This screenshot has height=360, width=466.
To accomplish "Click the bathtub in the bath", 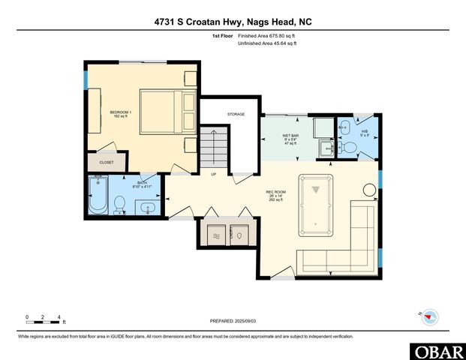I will [x=98, y=196].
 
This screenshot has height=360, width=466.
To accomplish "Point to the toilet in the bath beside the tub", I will [x=119, y=202].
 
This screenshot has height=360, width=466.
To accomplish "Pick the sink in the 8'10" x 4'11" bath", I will [x=148, y=205].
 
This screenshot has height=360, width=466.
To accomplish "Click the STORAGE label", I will [x=236, y=114].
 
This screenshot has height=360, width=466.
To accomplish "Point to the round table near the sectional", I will [x=368, y=191].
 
